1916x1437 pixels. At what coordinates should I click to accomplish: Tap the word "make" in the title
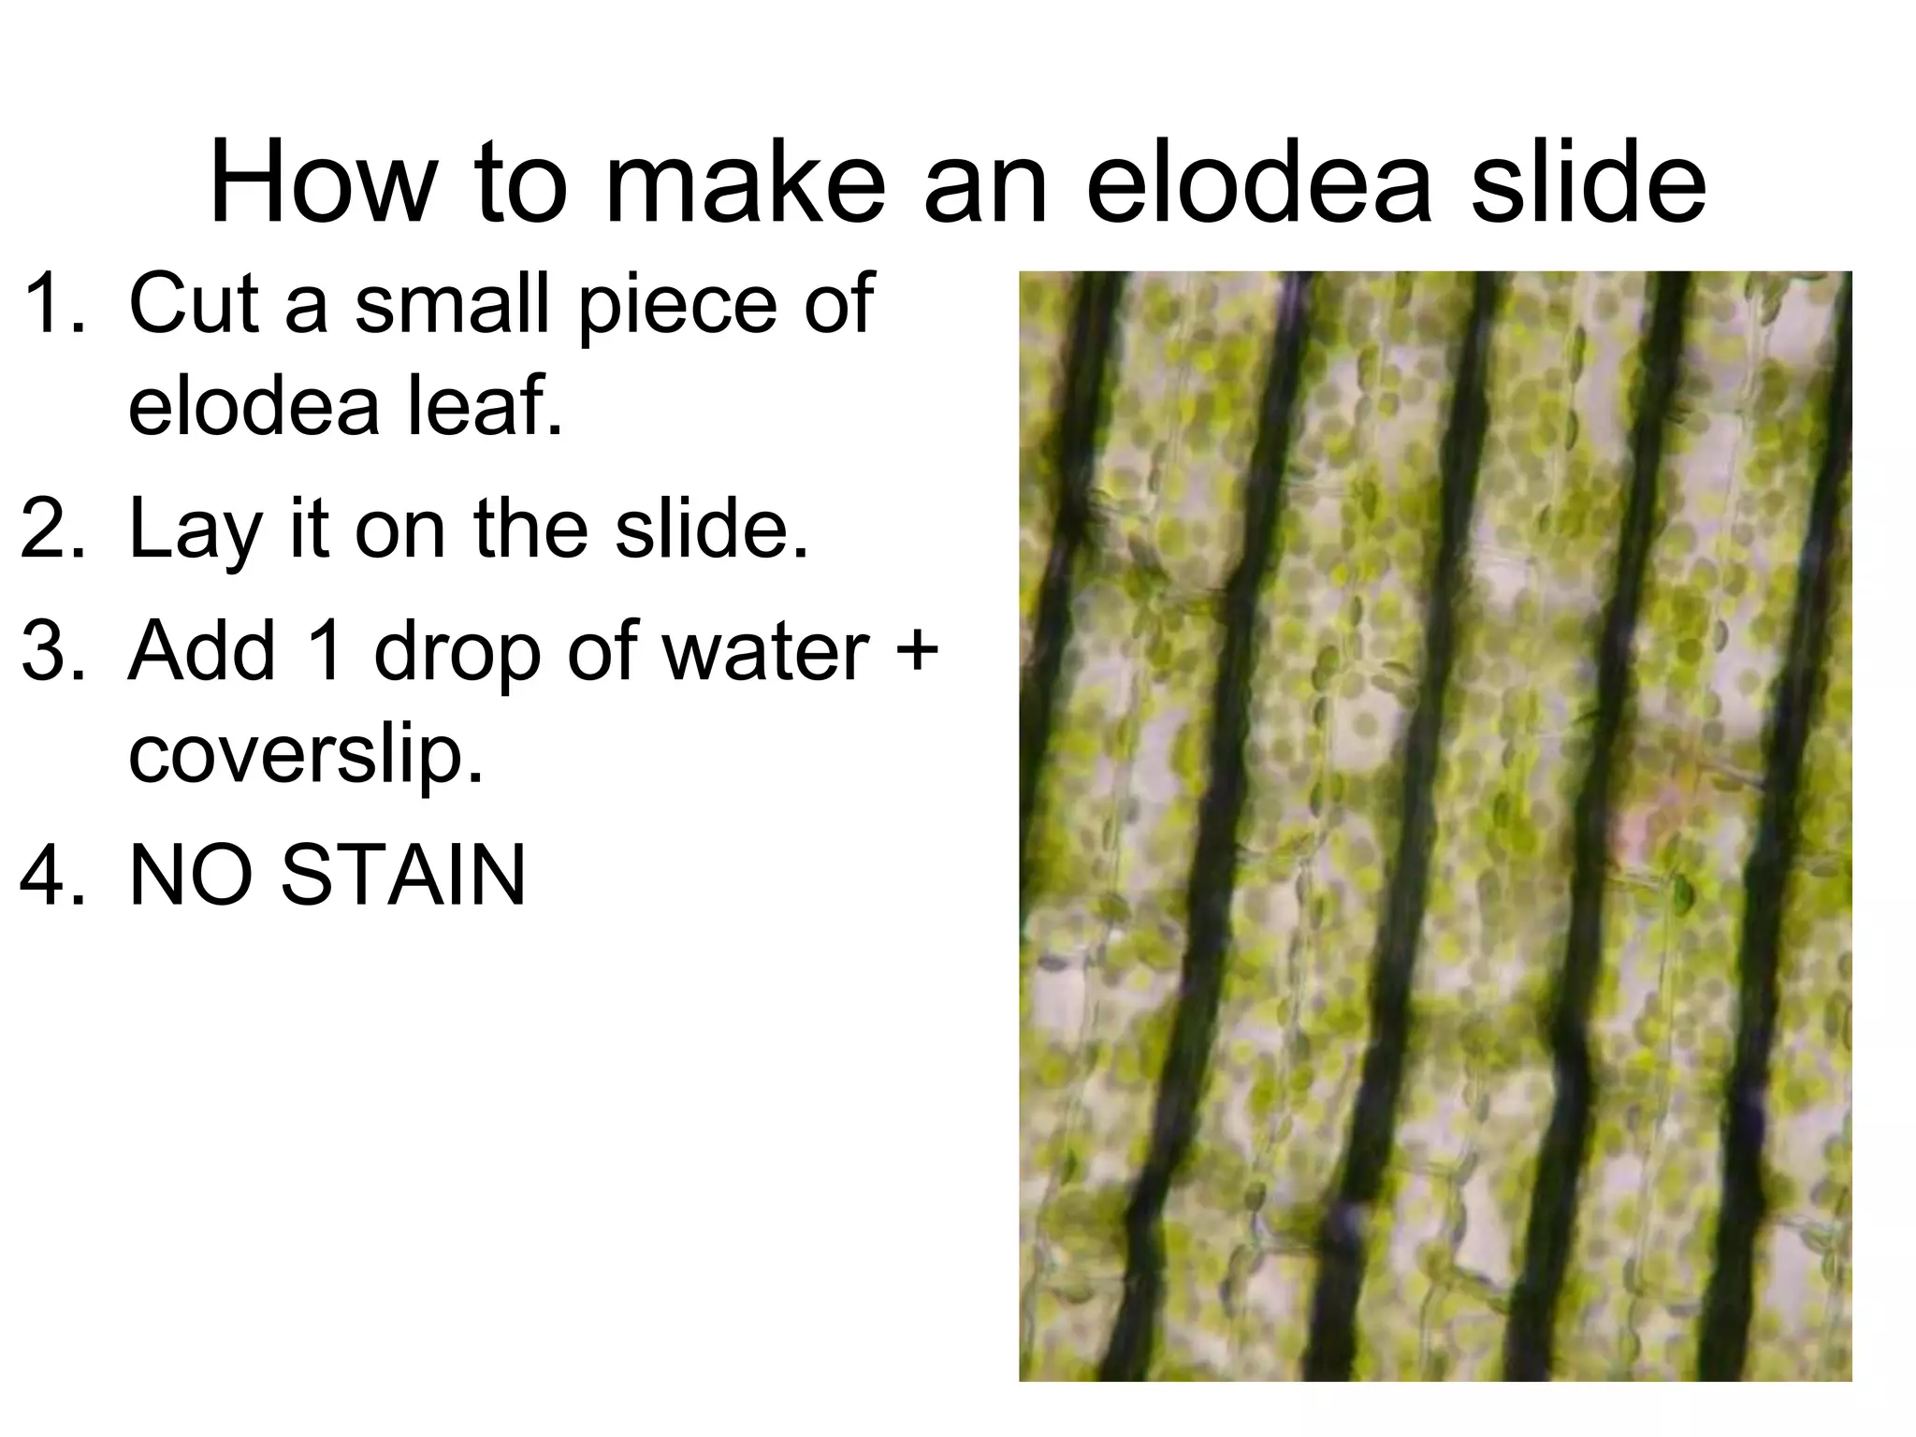click(x=745, y=181)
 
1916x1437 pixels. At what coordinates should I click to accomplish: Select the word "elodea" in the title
click(x=1259, y=181)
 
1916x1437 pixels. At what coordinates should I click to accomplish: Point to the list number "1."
click(x=54, y=303)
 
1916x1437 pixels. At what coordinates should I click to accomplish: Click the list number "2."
click(x=54, y=530)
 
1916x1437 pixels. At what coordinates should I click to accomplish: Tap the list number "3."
click(x=54, y=651)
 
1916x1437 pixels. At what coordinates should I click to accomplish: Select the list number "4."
click(x=54, y=876)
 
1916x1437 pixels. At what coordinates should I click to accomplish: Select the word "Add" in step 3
click(x=202, y=651)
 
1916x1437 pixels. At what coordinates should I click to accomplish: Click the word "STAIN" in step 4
click(x=403, y=876)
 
